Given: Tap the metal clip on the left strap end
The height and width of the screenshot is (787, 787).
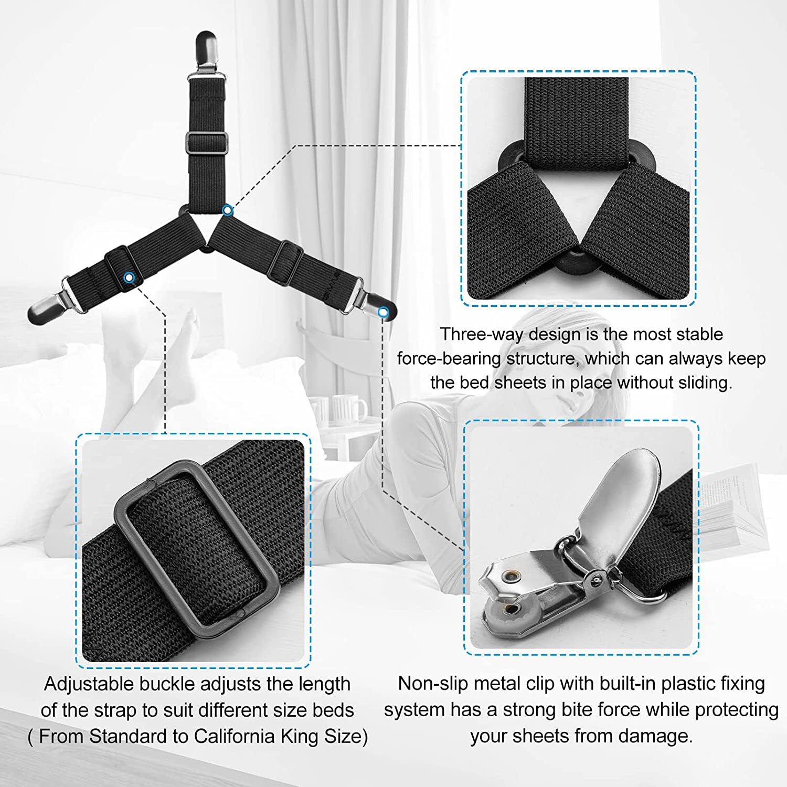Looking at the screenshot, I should click(x=52, y=306).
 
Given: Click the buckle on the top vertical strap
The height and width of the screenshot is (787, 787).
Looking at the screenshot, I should click(x=206, y=143).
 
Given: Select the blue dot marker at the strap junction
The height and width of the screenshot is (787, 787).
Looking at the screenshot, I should click(x=227, y=210).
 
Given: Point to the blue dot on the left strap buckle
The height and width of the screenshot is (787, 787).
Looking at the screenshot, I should click(x=129, y=276).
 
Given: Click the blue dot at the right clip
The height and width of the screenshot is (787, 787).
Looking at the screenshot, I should click(x=384, y=312).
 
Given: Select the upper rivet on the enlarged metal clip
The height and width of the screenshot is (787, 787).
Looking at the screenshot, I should click(x=509, y=577).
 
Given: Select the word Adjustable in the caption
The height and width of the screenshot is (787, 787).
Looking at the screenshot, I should click(x=89, y=684).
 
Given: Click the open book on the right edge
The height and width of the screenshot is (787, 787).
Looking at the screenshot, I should click(x=740, y=504).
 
